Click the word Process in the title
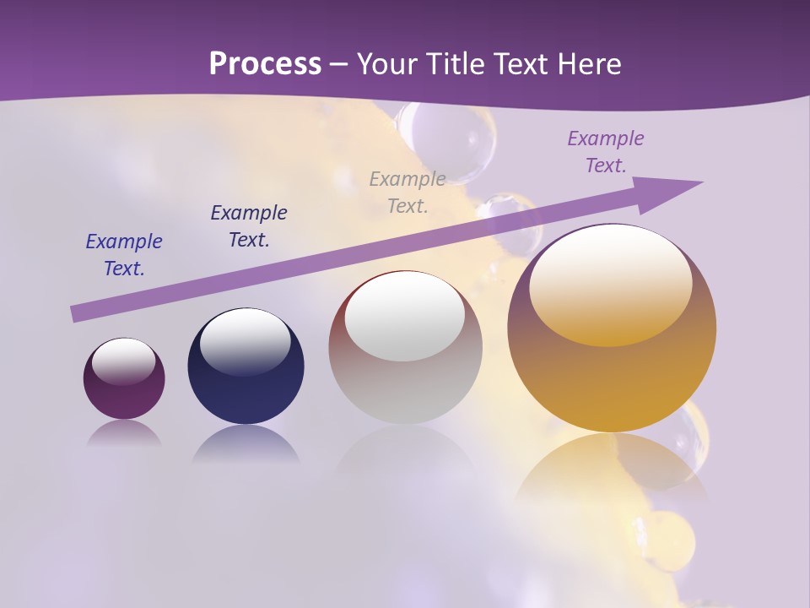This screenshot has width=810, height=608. tap(265, 63)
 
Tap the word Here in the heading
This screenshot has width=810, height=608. tap(588, 63)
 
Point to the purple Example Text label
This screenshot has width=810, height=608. tap(605, 152)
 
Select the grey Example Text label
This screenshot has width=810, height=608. tap(408, 192)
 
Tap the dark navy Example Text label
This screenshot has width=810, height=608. tap(249, 226)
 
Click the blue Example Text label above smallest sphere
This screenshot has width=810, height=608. tap(124, 255)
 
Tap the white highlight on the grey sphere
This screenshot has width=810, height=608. tap(405, 317)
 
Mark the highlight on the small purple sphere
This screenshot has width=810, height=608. tap(123, 361)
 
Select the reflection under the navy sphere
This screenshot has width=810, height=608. tap(246, 443)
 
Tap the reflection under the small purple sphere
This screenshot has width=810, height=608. tap(124, 433)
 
